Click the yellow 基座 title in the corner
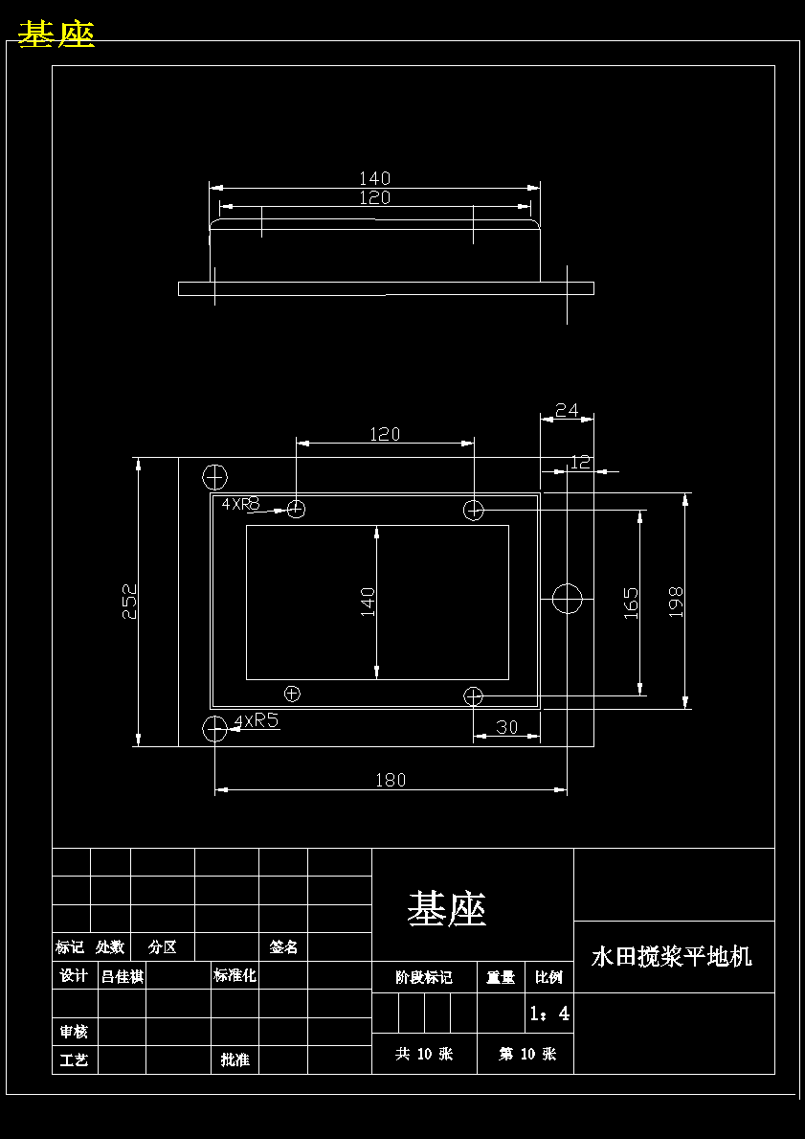pos(56,34)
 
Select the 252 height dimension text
pos(129,602)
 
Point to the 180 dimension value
pos(391,780)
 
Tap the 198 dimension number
pos(676,602)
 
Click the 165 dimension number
pos(632,603)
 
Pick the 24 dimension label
pos(567,410)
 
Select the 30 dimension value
pos(506,727)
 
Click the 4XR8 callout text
pos(241,503)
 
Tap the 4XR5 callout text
pos(257,720)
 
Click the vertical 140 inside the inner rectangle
pos(368,602)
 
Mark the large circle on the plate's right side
pos(568,599)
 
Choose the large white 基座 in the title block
pos(447,908)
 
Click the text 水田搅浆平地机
pos(672,956)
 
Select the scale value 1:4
pos(549,1013)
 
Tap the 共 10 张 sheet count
pos(424,1054)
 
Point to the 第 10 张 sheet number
pos(526,1054)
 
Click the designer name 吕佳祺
pos(122,976)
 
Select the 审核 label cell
pos(74,1032)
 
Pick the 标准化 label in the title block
pos(235,976)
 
